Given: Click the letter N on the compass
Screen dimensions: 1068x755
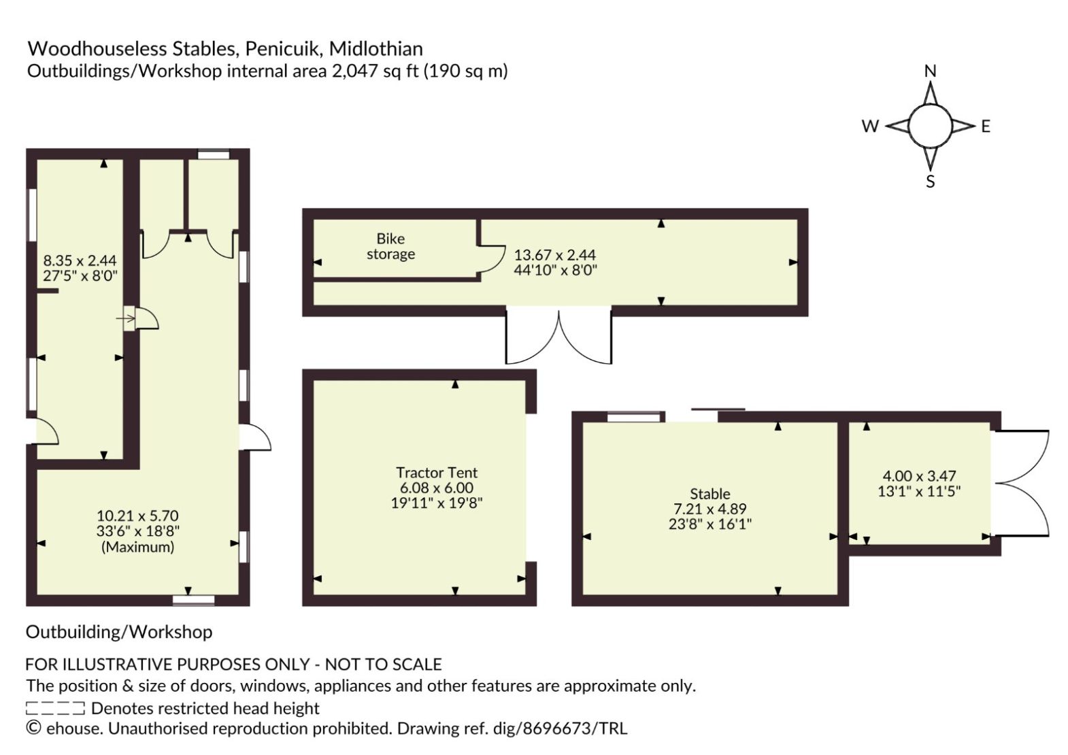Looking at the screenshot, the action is tap(930, 71).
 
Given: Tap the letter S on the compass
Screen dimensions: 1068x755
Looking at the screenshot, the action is tap(930, 182).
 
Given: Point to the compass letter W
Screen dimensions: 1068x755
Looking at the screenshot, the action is tap(870, 127).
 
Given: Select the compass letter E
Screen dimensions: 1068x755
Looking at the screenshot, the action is tap(986, 127).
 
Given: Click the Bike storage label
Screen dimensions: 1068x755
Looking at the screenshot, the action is tap(390, 246).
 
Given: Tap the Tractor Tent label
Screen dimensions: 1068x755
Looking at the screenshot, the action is tap(436, 472).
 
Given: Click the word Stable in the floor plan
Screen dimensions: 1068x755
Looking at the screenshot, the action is tap(710, 493).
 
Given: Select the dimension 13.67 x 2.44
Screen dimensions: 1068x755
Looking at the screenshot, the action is tap(555, 255).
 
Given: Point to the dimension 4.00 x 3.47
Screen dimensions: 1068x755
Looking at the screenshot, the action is tap(919, 475).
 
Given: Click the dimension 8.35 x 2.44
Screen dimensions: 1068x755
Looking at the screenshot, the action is tap(80, 261).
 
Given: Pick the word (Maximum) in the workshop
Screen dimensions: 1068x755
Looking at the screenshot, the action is tap(138, 547).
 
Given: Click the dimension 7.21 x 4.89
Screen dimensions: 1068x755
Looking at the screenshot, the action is tap(710, 509).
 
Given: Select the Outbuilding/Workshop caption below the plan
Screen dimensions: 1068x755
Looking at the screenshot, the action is tap(119, 632).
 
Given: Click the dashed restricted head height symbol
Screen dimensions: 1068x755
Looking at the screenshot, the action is tap(55, 708).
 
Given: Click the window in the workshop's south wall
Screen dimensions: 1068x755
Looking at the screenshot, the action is tap(193, 601).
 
